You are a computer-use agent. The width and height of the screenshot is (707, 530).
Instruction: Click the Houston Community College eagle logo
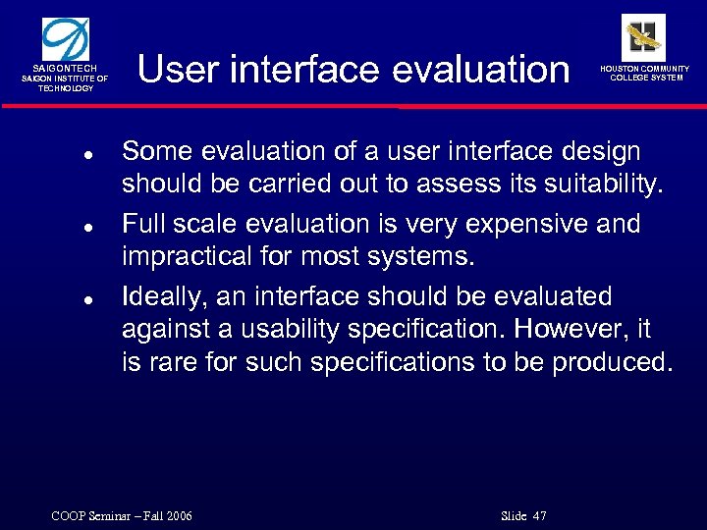pyautogui.click(x=644, y=36)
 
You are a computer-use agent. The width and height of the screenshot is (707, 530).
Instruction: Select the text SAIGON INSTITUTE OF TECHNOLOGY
pyautogui.click(x=66, y=83)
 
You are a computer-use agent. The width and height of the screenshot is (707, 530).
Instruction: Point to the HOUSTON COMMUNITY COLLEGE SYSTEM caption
pyautogui.click(x=645, y=74)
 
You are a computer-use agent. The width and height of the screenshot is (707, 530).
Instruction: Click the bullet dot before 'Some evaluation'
pyautogui.click(x=87, y=155)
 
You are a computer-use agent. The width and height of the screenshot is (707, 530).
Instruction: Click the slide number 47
pyautogui.click(x=538, y=516)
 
